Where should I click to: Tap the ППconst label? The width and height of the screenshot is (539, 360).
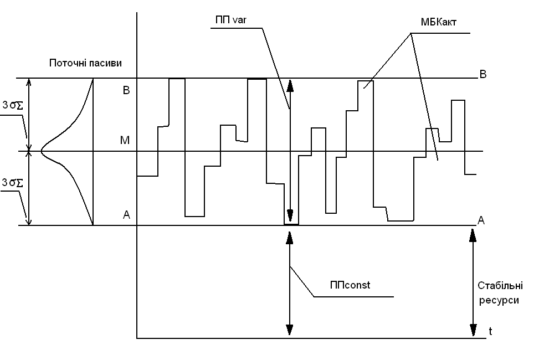pos(350,286)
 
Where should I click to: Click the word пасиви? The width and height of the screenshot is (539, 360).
pos(104,63)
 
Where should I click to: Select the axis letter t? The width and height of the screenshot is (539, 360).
pos(490,331)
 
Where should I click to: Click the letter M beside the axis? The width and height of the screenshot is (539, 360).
pos(125,141)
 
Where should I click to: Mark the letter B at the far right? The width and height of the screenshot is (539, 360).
pos(482,74)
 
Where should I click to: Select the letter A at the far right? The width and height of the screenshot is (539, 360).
pos(481,220)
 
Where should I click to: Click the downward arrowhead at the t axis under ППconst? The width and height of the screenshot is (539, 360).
pos(289,330)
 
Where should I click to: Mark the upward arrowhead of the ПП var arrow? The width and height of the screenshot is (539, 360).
pos(289,86)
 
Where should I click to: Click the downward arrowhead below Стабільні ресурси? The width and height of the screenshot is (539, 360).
pos(473,330)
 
